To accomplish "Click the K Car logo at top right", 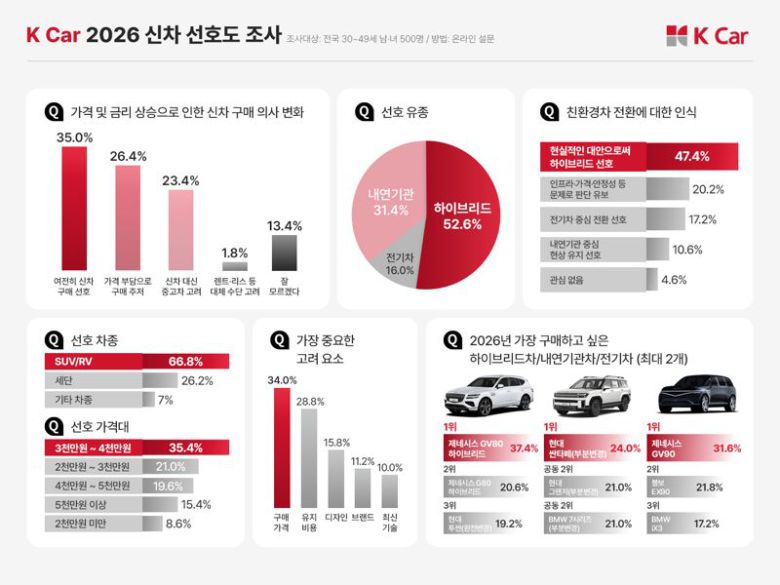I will [706, 37].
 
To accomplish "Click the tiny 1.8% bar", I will [234, 267].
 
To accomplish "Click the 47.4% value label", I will [692, 156].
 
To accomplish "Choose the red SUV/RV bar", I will [136, 361].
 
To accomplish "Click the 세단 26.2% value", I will [197, 381].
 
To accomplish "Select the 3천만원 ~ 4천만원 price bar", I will [136, 447].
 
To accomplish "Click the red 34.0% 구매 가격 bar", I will [281, 447].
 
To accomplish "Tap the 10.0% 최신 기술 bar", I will [389, 490].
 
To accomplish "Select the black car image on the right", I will [697, 394].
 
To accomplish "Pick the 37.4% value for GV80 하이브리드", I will [524, 448].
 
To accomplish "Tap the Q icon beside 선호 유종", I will [364, 112].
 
